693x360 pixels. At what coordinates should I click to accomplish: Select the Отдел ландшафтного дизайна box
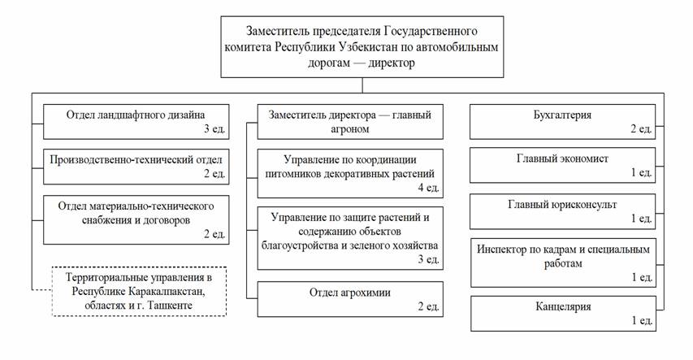(x=135, y=120)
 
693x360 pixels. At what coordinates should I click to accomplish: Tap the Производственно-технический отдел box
(x=135, y=165)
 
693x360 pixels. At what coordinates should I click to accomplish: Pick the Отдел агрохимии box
(x=350, y=299)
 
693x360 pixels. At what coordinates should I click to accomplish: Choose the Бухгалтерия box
(x=563, y=120)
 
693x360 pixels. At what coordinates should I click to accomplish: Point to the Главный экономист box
(x=563, y=165)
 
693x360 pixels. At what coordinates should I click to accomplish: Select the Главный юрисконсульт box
(x=563, y=210)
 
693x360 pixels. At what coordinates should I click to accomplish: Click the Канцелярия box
(x=563, y=314)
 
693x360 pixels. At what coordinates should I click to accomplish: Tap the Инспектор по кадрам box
(x=563, y=262)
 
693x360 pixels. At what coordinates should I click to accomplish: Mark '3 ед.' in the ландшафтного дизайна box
(x=213, y=128)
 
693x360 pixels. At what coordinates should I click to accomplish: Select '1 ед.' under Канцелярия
(x=641, y=322)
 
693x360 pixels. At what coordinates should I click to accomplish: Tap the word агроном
(x=350, y=128)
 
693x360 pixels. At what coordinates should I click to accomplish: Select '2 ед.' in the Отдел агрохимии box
(x=427, y=307)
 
